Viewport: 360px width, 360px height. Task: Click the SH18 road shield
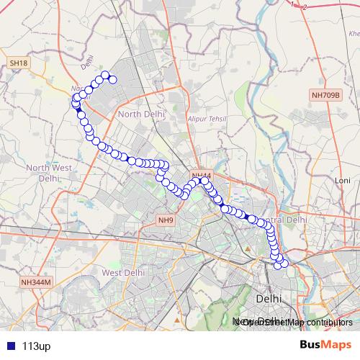pyautogui.click(x=19, y=64)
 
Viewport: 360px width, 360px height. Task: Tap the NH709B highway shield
pyautogui.click(x=325, y=95)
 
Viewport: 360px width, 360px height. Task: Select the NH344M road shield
pyautogui.click(x=36, y=283)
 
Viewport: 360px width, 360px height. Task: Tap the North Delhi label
pyautogui.click(x=141, y=114)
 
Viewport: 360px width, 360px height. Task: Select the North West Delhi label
pyautogui.click(x=48, y=173)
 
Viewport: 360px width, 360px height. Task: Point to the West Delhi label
pyautogui.click(x=121, y=273)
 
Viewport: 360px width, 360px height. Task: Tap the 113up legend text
pyautogui.click(x=36, y=346)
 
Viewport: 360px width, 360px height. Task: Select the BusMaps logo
pyautogui.click(x=325, y=346)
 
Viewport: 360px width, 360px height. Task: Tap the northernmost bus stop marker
pyautogui.click(x=105, y=75)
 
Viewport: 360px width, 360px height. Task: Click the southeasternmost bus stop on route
pyautogui.click(x=283, y=264)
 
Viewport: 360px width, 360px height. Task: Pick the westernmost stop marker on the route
pyautogui.click(x=74, y=104)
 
